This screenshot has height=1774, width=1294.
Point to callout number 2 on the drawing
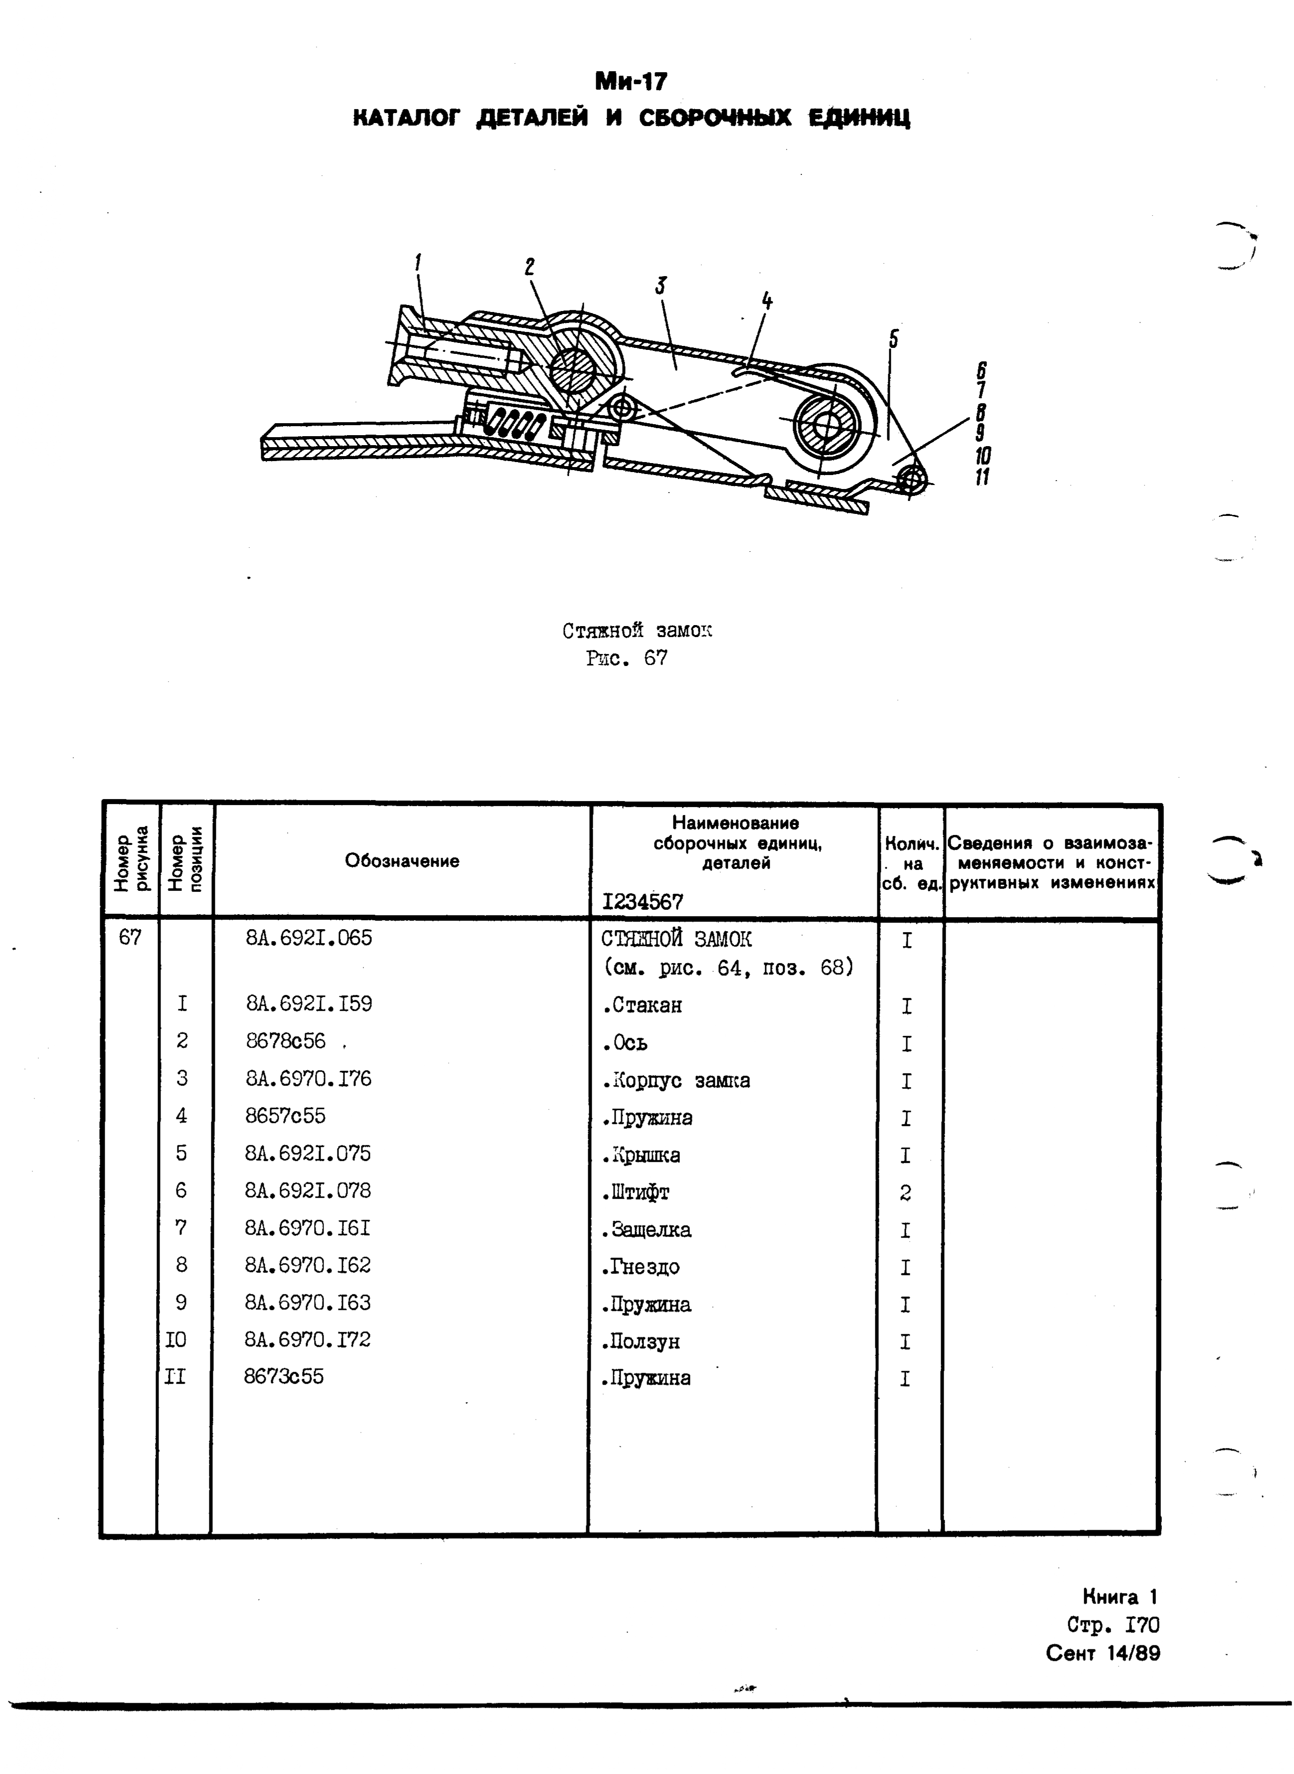pyautogui.click(x=529, y=267)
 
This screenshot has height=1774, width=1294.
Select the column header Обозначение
pyautogui.click(x=402, y=861)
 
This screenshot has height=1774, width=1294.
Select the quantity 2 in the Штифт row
pyautogui.click(x=906, y=1193)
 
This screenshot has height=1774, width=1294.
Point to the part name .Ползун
pyautogui.click(x=641, y=1342)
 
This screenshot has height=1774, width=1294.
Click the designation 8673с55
pyautogui.click(x=284, y=1377)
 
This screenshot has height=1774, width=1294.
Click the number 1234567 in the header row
pyautogui.click(x=643, y=902)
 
